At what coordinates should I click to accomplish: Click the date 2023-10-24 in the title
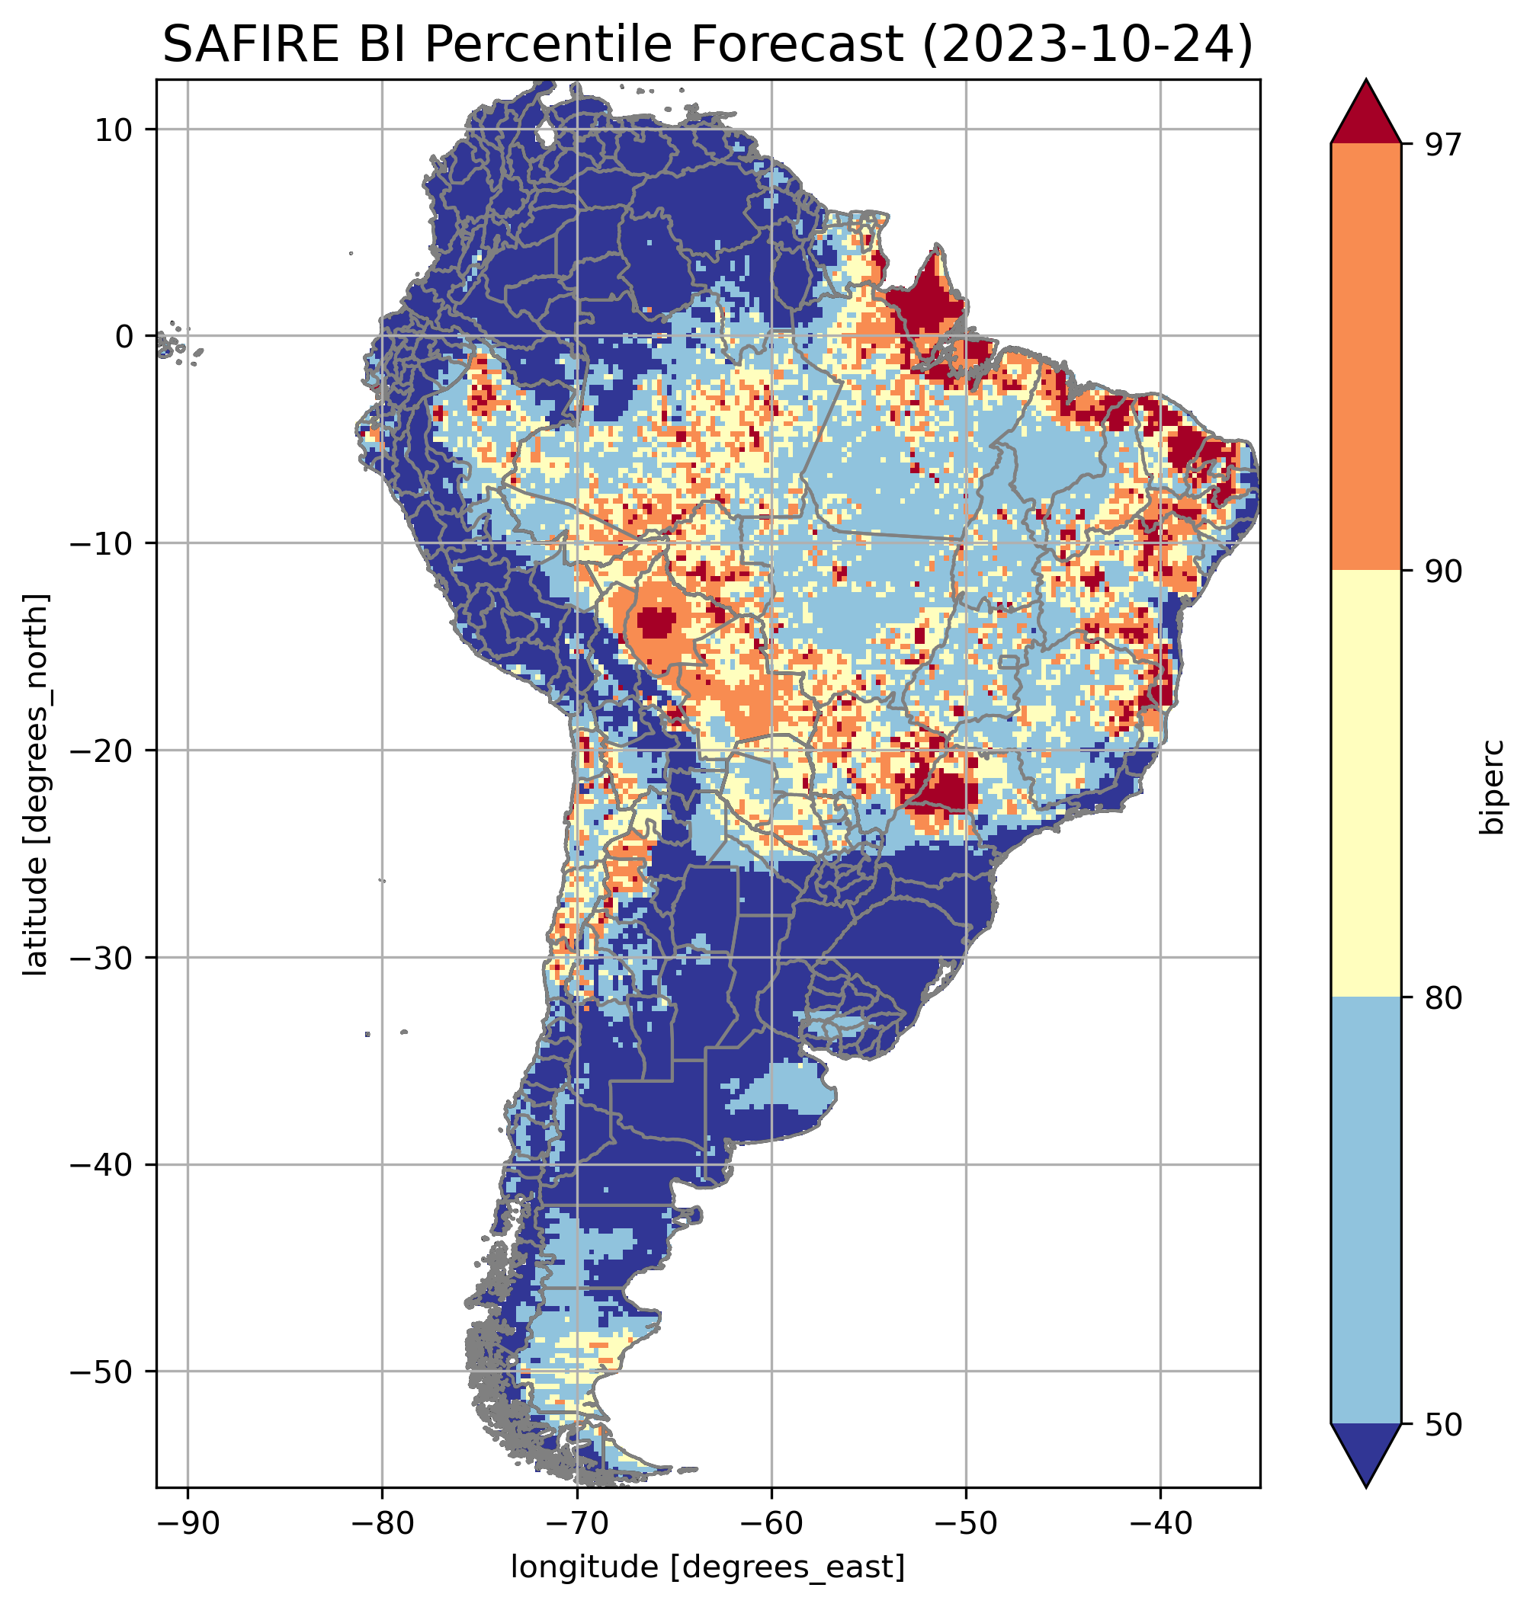1086,44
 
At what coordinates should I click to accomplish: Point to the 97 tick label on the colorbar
1443,144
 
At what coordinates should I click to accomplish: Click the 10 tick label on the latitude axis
114,130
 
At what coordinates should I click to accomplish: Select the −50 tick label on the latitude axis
103,1372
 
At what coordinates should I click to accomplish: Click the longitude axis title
707,1565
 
